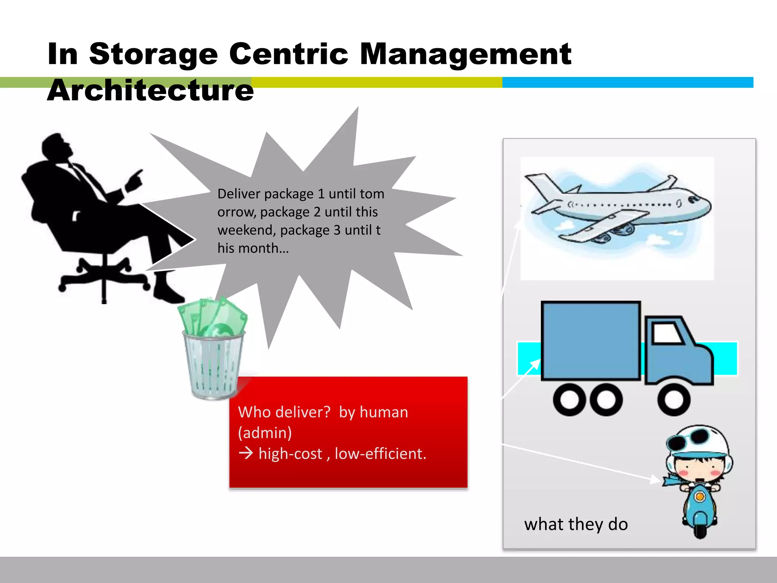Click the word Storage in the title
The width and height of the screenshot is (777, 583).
coord(153,54)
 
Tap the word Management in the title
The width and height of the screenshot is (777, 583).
coord(465,54)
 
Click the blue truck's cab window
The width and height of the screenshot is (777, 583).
coord(667,333)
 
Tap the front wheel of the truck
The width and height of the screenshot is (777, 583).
coord(674,400)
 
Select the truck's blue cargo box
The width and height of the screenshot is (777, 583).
coord(590,340)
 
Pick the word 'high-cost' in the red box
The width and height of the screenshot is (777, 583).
coord(290,454)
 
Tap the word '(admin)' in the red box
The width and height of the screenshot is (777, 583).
coord(265,433)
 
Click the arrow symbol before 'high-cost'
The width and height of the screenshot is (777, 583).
coord(246,453)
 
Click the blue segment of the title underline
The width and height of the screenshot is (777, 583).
coord(628,82)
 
